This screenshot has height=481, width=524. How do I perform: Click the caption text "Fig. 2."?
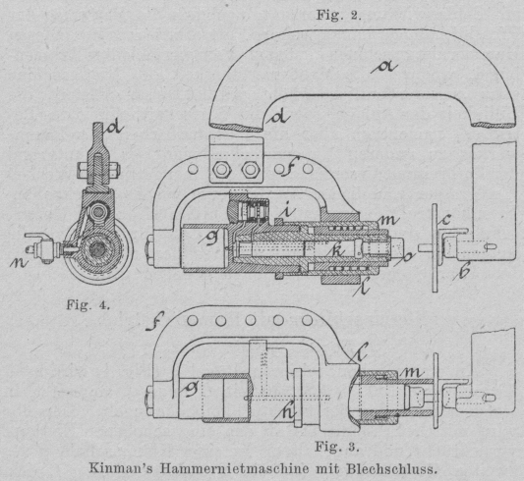[338, 15]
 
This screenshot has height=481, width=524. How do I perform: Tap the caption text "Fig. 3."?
[337, 447]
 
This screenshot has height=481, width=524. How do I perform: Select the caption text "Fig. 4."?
[87, 304]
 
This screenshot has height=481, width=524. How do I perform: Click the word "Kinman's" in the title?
[121, 468]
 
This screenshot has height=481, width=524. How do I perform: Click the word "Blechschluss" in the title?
[391, 468]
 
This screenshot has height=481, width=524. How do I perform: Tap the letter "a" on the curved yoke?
[384, 68]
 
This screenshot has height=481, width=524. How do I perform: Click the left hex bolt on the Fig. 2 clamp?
[220, 170]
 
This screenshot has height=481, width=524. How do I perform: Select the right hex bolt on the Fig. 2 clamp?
[250, 170]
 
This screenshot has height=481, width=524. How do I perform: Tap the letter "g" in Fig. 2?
[209, 237]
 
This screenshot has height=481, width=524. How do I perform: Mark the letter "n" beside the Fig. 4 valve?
[18, 263]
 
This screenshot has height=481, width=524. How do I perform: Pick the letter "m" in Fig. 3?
[412, 372]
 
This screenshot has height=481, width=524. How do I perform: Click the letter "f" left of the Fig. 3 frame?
[154, 321]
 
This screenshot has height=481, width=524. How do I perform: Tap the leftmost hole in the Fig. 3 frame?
[193, 321]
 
